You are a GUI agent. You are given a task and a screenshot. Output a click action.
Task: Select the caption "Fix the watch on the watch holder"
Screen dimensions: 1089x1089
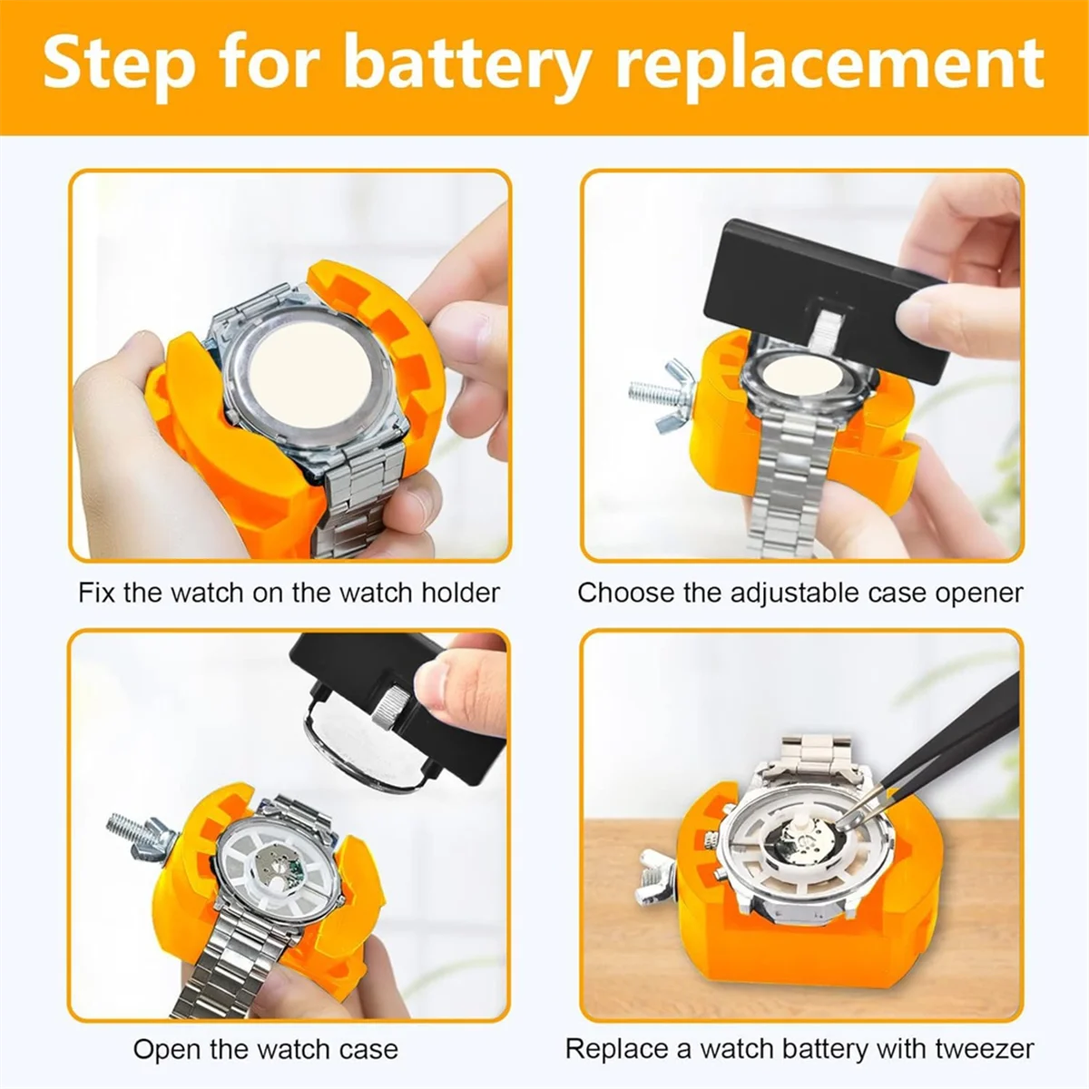[289, 593]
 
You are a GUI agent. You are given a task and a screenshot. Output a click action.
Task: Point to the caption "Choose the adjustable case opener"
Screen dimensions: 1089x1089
[800, 593]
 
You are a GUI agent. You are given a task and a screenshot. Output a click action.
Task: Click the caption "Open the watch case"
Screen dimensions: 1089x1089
[265, 1049]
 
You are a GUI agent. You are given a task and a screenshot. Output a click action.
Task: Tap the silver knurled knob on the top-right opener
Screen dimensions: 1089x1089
[828, 332]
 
